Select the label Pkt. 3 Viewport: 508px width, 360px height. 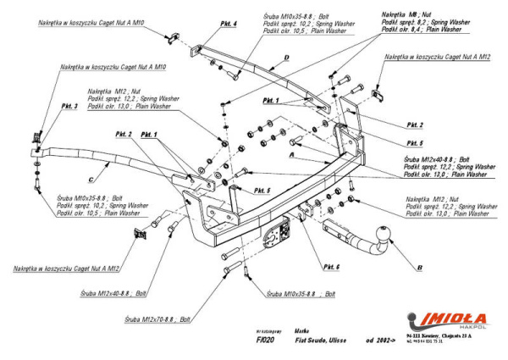click(x=69, y=107)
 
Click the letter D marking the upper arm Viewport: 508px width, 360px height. click(x=286, y=58)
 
